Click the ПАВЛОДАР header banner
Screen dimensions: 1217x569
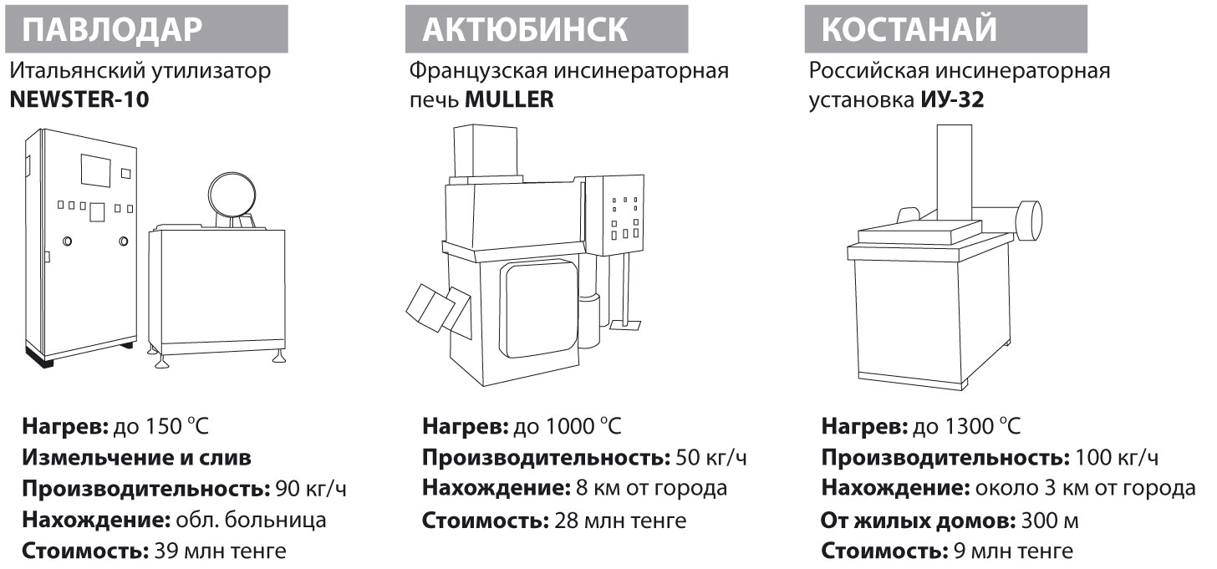[146, 29]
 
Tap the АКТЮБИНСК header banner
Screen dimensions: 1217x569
[547, 29]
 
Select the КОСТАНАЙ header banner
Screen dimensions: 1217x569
[946, 29]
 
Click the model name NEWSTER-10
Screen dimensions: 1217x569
[79, 100]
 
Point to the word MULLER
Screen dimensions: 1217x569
[509, 100]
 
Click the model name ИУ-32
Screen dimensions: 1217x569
[952, 100]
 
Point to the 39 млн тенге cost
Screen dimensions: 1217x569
[220, 551]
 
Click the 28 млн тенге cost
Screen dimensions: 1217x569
[620, 521]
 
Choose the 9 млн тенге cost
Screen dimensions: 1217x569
[1013, 551]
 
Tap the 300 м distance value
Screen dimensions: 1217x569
[1050, 521]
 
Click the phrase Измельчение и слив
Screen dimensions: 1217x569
[136, 458]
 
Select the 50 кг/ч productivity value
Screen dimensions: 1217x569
[711, 458]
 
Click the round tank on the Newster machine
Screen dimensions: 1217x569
[232, 196]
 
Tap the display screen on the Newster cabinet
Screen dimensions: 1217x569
[96, 170]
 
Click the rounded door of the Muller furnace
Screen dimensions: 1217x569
[541, 307]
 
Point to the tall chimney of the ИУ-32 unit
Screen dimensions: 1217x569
[955, 173]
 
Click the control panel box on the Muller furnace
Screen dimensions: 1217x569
[623, 215]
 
